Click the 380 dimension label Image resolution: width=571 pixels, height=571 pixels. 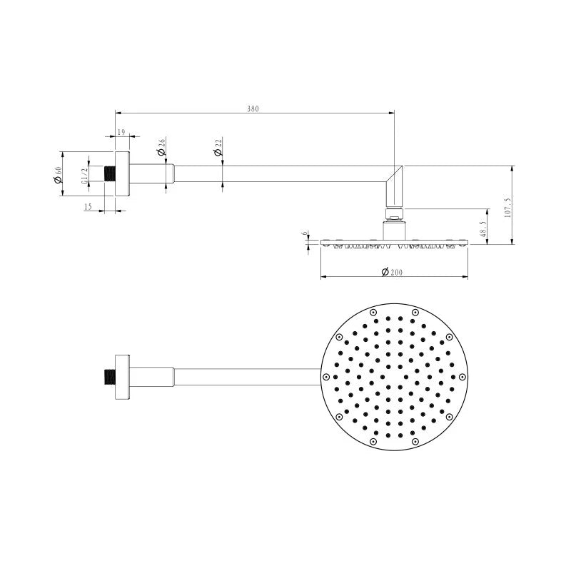tap(253, 108)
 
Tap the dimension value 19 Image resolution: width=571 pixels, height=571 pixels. tap(121, 132)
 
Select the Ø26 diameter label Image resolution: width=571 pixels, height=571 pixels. tap(161, 146)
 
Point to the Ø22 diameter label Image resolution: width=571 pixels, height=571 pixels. tap(218, 147)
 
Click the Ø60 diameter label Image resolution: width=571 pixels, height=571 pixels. tap(57, 174)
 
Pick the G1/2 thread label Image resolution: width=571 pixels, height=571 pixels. tap(84, 176)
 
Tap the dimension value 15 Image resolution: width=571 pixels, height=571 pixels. tap(88, 207)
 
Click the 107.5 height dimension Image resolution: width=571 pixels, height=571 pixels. tap(507, 208)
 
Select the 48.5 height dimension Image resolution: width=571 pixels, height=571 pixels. tap(483, 228)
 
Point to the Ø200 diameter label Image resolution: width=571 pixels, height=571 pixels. tap(392, 272)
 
